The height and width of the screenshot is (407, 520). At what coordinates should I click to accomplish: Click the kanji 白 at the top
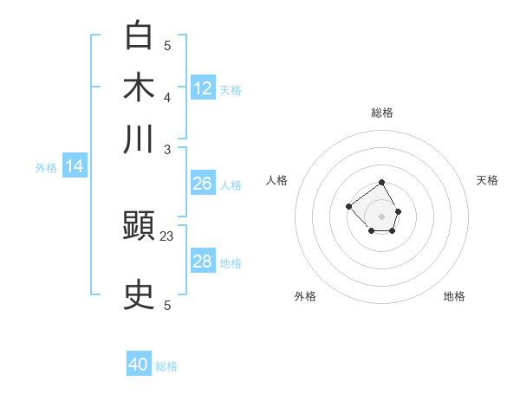click(139, 36)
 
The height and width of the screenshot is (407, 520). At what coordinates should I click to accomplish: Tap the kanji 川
click(139, 139)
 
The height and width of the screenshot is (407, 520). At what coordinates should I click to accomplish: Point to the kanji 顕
click(139, 228)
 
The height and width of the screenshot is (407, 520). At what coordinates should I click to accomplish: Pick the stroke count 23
click(167, 236)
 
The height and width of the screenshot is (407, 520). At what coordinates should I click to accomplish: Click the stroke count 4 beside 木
click(167, 97)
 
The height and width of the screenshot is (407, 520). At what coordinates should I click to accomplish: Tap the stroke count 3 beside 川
click(167, 149)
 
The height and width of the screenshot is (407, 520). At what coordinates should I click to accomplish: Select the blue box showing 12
click(203, 87)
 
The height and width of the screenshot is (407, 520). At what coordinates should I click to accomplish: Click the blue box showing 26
click(202, 184)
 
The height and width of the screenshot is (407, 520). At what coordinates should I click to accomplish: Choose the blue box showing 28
click(202, 262)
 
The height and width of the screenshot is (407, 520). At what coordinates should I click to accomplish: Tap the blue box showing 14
click(75, 167)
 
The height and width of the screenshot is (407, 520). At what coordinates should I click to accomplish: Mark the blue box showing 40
click(139, 365)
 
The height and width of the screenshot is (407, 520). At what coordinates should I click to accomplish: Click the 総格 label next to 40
click(166, 366)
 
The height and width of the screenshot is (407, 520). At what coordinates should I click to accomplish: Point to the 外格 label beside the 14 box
click(46, 168)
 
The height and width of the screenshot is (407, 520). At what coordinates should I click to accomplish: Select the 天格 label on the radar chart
click(487, 180)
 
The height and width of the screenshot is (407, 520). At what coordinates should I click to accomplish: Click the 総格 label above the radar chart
click(382, 113)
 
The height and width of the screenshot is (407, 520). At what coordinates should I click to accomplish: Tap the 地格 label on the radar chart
click(454, 296)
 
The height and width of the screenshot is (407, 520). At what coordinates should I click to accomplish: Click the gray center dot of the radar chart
click(382, 216)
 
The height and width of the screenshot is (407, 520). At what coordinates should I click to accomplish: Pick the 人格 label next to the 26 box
click(231, 184)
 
